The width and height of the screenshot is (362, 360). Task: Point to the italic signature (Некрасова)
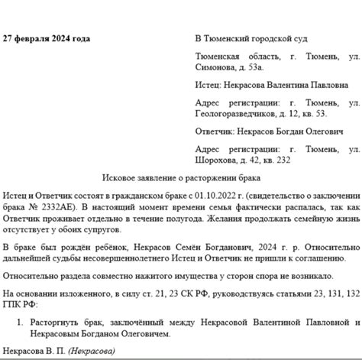[91, 351]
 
